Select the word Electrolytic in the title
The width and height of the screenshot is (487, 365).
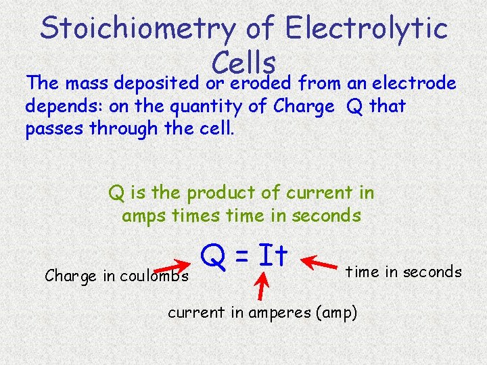tap(366, 29)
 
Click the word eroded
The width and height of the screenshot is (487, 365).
tap(260, 84)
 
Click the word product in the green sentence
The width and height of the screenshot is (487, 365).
tap(223, 193)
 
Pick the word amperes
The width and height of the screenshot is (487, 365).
tap(258, 312)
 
